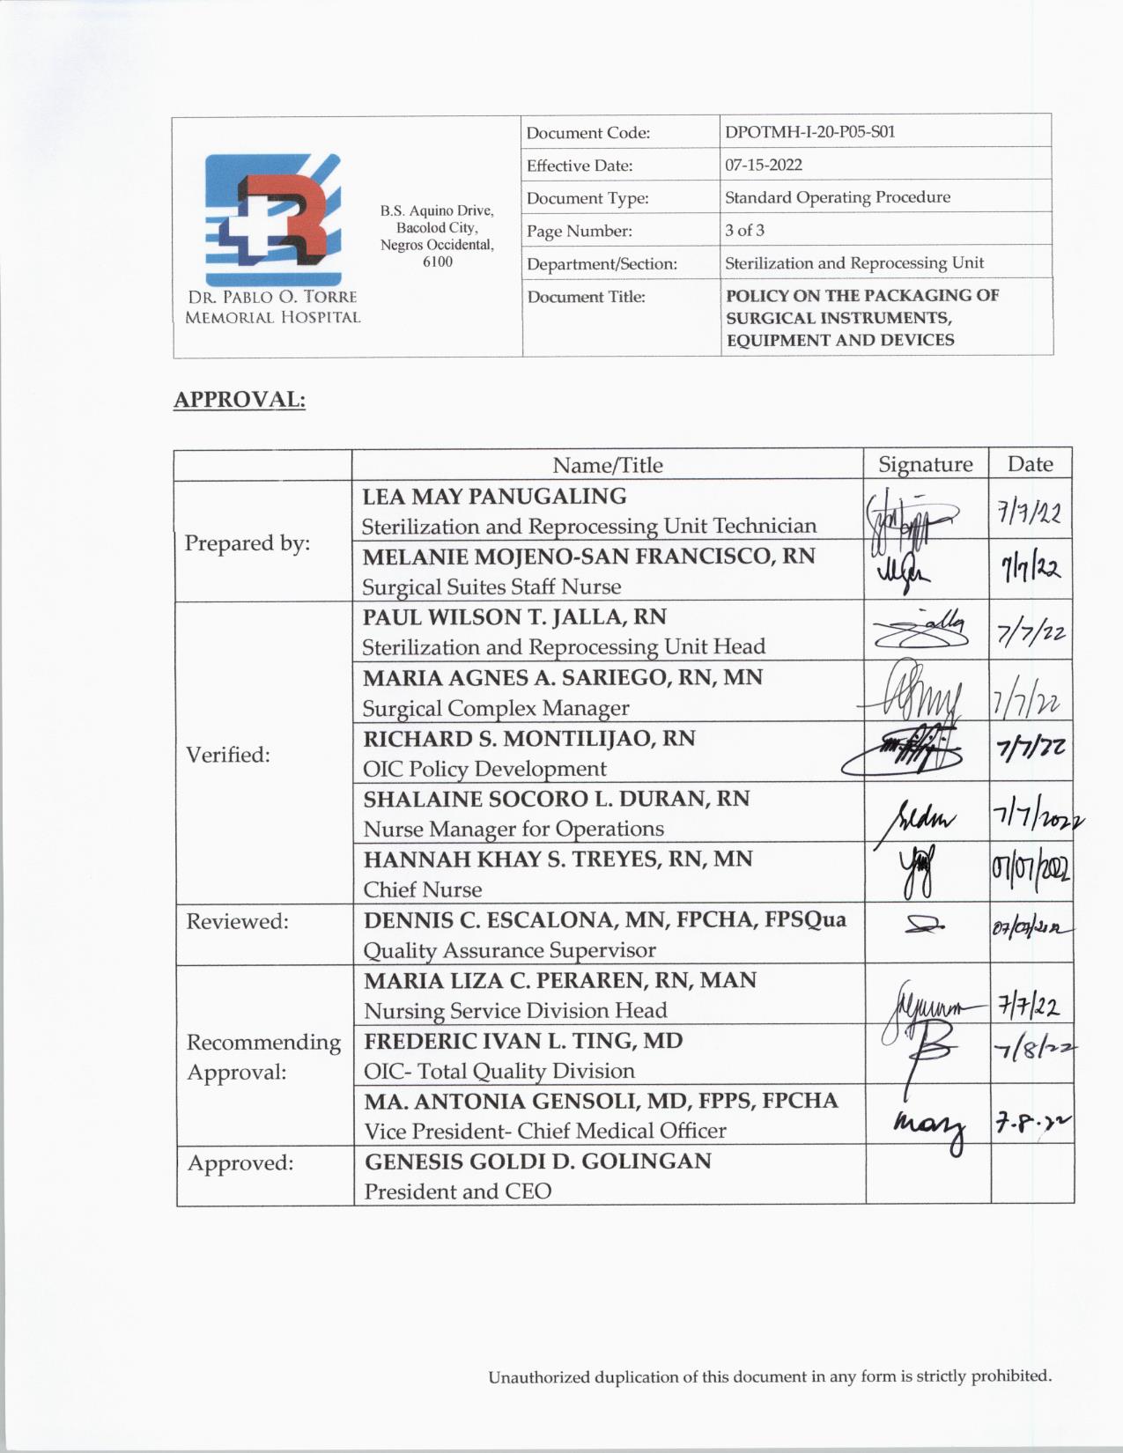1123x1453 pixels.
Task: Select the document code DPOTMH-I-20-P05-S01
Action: (x=809, y=132)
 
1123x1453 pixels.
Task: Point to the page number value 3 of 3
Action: (x=744, y=231)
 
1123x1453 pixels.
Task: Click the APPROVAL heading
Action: (x=239, y=400)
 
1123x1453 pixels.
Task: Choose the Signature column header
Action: (x=925, y=464)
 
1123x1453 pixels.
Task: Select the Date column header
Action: (x=1030, y=464)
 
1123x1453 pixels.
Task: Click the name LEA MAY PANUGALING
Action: (x=494, y=497)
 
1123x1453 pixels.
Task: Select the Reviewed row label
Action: (x=237, y=921)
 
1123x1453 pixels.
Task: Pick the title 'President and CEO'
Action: (x=458, y=1191)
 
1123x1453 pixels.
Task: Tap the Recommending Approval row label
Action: (x=263, y=1057)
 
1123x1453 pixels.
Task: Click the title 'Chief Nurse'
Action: (x=423, y=889)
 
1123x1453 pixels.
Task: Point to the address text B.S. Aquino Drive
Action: (x=437, y=211)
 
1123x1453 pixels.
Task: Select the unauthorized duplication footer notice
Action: (x=770, y=1376)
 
